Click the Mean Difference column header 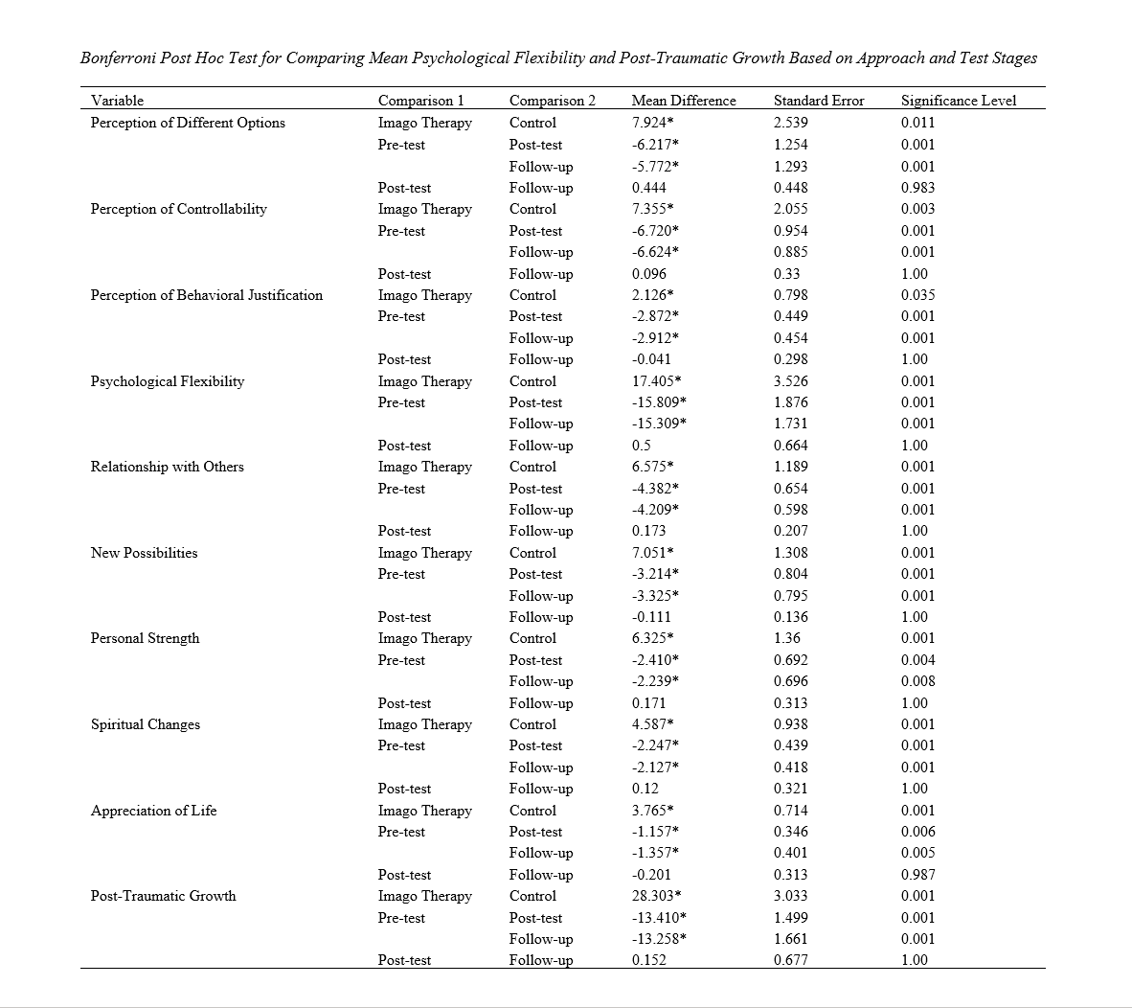click(x=684, y=101)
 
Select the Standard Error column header click(x=819, y=101)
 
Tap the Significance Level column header click(x=959, y=101)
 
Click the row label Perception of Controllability click(x=178, y=209)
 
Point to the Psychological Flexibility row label click(x=168, y=381)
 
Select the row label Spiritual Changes click(x=146, y=724)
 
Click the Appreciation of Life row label click(x=153, y=811)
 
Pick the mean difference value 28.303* click(x=657, y=896)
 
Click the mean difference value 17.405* click(x=657, y=381)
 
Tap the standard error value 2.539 click(x=790, y=123)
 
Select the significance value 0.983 click(x=918, y=188)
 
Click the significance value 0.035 click(x=918, y=295)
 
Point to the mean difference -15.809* click(x=660, y=402)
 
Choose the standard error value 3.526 click(x=790, y=381)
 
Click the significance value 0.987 click(x=918, y=875)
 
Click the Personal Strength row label click(x=145, y=638)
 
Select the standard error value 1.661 click(x=790, y=939)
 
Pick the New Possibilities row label click(x=144, y=553)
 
